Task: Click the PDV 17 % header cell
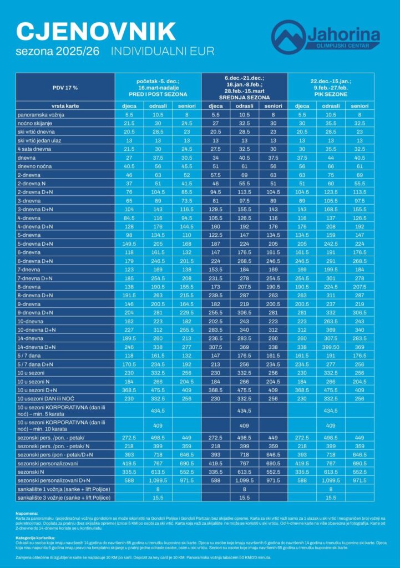click(65, 87)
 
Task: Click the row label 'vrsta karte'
click(32, 105)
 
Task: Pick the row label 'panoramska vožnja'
click(42, 114)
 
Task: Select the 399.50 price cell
click(331, 347)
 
